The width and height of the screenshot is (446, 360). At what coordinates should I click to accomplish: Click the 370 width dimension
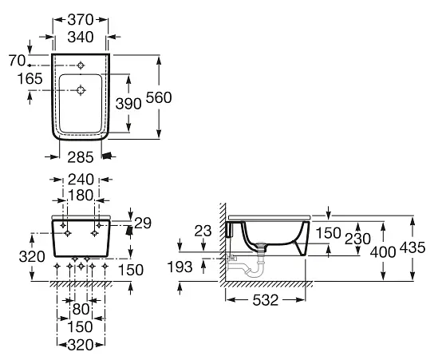(x=81, y=20)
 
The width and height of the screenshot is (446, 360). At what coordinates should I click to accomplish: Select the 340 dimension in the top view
(x=81, y=37)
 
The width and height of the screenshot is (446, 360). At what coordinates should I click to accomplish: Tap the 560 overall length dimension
(x=159, y=97)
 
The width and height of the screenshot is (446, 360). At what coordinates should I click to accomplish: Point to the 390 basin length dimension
(x=128, y=104)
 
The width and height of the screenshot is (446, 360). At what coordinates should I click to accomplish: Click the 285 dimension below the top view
(x=81, y=157)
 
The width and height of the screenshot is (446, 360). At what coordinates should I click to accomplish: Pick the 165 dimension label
(x=30, y=78)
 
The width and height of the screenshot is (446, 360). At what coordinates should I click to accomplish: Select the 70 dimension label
(x=17, y=61)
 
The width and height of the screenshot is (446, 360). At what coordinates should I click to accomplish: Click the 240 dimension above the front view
(x=81, y=180)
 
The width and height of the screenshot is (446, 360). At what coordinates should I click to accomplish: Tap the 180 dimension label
(x=81, y=196)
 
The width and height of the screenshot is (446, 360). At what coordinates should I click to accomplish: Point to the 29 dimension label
(x=143, y=224)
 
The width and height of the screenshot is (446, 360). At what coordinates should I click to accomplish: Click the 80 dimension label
(x=81, y=309)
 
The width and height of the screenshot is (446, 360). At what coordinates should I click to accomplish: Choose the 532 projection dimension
(x=266, y=300)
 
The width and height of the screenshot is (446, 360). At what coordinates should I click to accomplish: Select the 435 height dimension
(x=412, y=247)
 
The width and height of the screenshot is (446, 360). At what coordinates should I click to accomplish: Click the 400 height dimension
(x=383, y=252)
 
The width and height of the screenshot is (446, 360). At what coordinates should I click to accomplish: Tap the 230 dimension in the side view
(x=357, y=239)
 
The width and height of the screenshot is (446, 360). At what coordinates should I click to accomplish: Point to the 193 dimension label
(x=180, y=267)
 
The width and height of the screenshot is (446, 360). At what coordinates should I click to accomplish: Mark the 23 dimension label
(x=203, y=231)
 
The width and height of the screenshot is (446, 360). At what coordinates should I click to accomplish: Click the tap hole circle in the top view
(x=81, y=65)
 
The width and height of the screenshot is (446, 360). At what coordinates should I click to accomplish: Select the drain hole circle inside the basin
(x=81, y=90)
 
